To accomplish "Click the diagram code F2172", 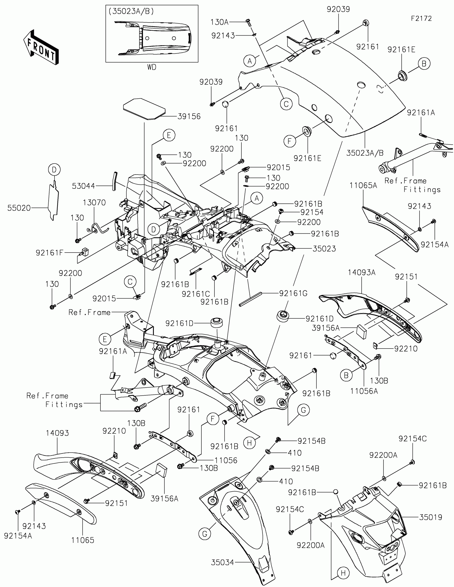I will pyautogui.click(x=421, y=18).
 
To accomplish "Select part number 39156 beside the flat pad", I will pyautogui.click(x=189, y=116).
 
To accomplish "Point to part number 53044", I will pyautogui.click(x=84, y=186).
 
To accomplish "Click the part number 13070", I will pyautogui.click(x=94, y=202).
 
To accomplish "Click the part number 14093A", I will pyautogui.click(x=362, y=272).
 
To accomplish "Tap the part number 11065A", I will pyautogui.click(x=363, y=185).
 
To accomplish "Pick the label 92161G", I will pyautogui.click(x=293, y=293).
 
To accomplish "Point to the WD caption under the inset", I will pyautogui.click(x=152, y=67).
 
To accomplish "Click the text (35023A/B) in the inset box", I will pyautogui.click(x=131, y=11).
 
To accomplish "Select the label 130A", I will pyautogui.click(x=220, y=22).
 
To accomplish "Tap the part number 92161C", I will pyautogui.click(x=196, y=294).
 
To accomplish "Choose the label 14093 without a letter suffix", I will pyautogui.click(x=57, y=433).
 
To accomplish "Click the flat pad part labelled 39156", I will pyautogui.click(x=144, y=108).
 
